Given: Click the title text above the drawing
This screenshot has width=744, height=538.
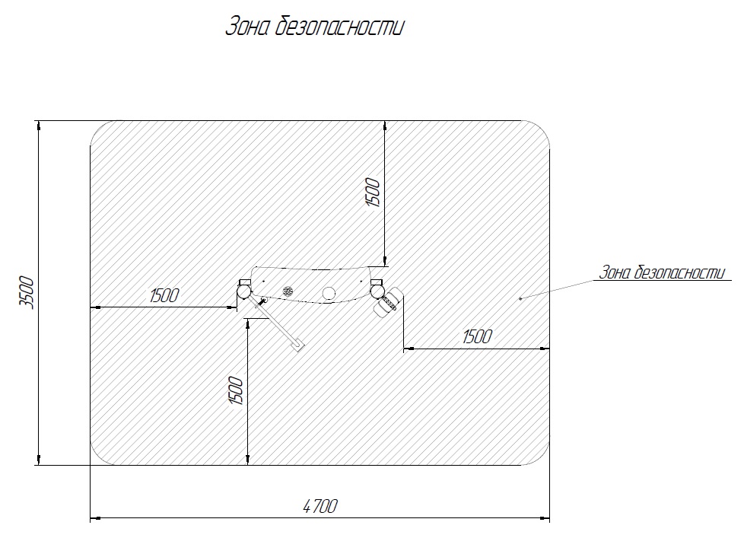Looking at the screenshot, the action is [x=315, y=26].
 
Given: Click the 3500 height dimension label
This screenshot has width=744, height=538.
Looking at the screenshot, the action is [x=27, y=293].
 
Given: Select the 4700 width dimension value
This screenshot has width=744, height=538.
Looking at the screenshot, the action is [x=320, y=506].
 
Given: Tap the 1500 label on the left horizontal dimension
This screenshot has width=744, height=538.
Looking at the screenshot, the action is [x=164, y=295].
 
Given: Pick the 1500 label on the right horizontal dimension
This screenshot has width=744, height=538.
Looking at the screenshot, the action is [x=477, y=336].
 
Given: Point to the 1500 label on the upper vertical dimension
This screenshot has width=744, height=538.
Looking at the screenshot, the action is [x=373, y=192].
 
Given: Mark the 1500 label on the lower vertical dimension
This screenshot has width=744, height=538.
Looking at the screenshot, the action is [x=236, y=390].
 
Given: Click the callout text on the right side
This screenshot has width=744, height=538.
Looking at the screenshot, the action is [x=663, y=272].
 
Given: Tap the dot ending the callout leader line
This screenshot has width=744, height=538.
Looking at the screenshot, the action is [x=520, y=298].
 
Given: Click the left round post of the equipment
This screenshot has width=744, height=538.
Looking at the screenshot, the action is [x=244, y=291].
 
